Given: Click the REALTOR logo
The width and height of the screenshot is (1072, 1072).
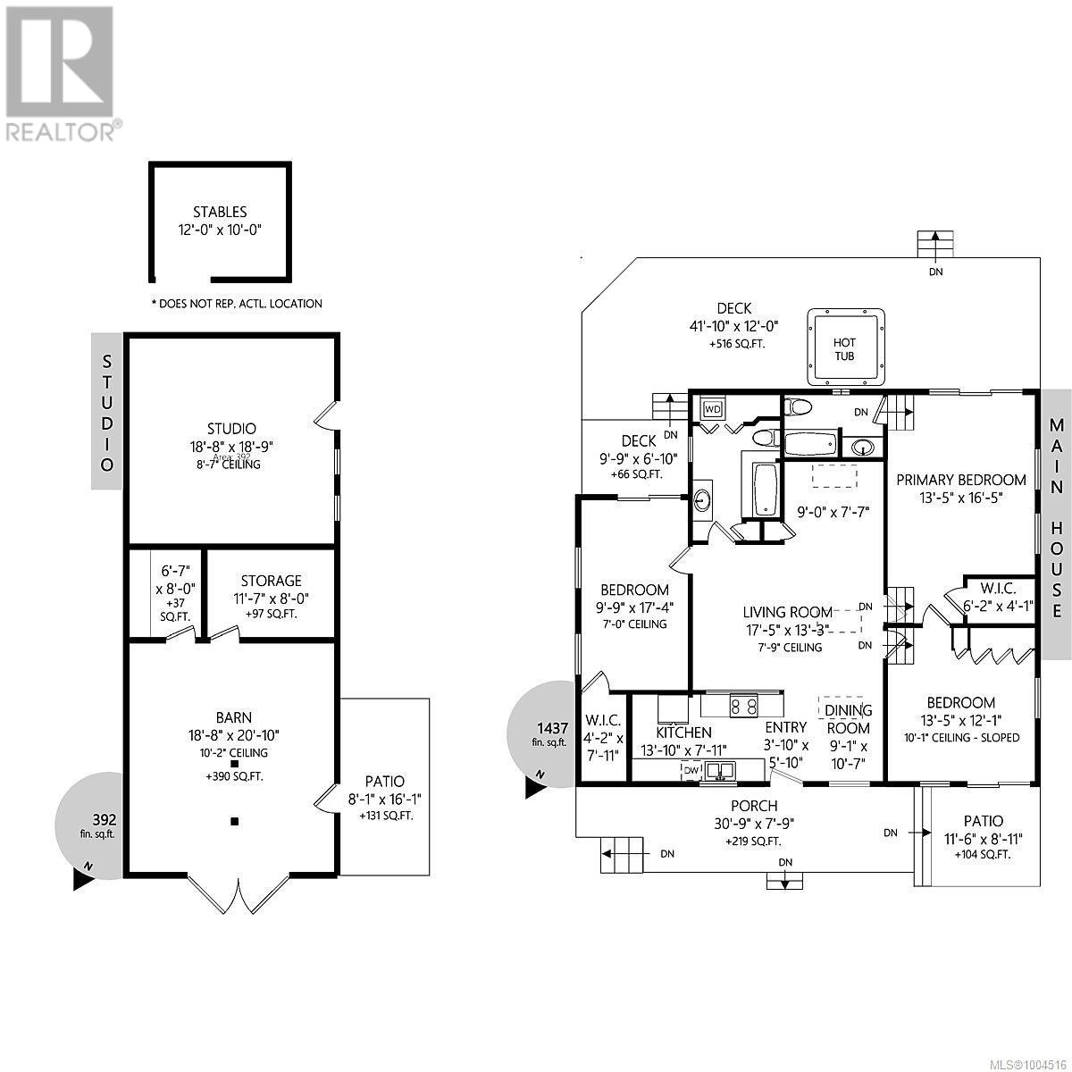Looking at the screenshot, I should (59, 71).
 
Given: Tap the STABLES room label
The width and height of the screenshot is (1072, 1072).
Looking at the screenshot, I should (220, 213).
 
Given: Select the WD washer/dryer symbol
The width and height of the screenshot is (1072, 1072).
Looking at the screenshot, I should (713, 409).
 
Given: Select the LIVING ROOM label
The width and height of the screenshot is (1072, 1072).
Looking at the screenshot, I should (787, 612).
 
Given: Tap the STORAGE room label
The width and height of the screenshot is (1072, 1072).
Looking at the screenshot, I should (271, 582).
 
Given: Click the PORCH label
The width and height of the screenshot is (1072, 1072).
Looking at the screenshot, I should (754, 806).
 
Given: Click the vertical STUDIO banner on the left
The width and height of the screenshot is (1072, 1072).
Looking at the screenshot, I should (107, 412).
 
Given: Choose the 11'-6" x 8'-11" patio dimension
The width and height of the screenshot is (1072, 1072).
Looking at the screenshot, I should (983, 838).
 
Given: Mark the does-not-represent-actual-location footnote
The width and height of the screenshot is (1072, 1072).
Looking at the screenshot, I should (237, 304).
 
